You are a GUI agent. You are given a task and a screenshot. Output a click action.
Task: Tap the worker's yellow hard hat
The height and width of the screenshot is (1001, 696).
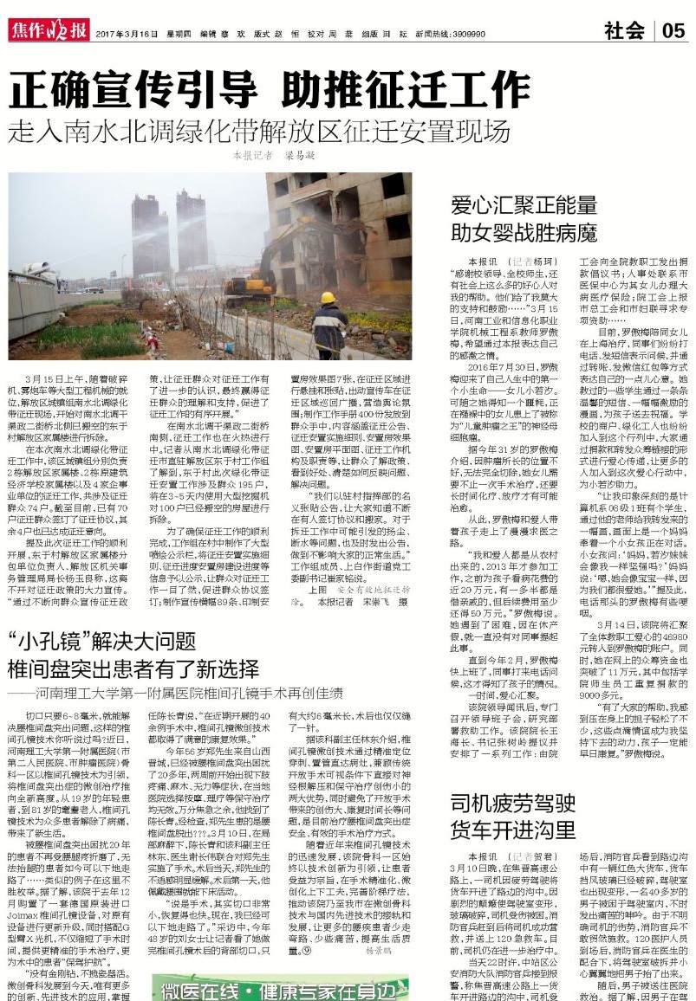click(328, 298)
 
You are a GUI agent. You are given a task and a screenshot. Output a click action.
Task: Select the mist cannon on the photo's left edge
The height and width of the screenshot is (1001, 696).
click(35, 277)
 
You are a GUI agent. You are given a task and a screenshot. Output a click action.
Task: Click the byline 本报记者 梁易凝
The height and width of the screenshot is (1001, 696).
click(274, 156)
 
